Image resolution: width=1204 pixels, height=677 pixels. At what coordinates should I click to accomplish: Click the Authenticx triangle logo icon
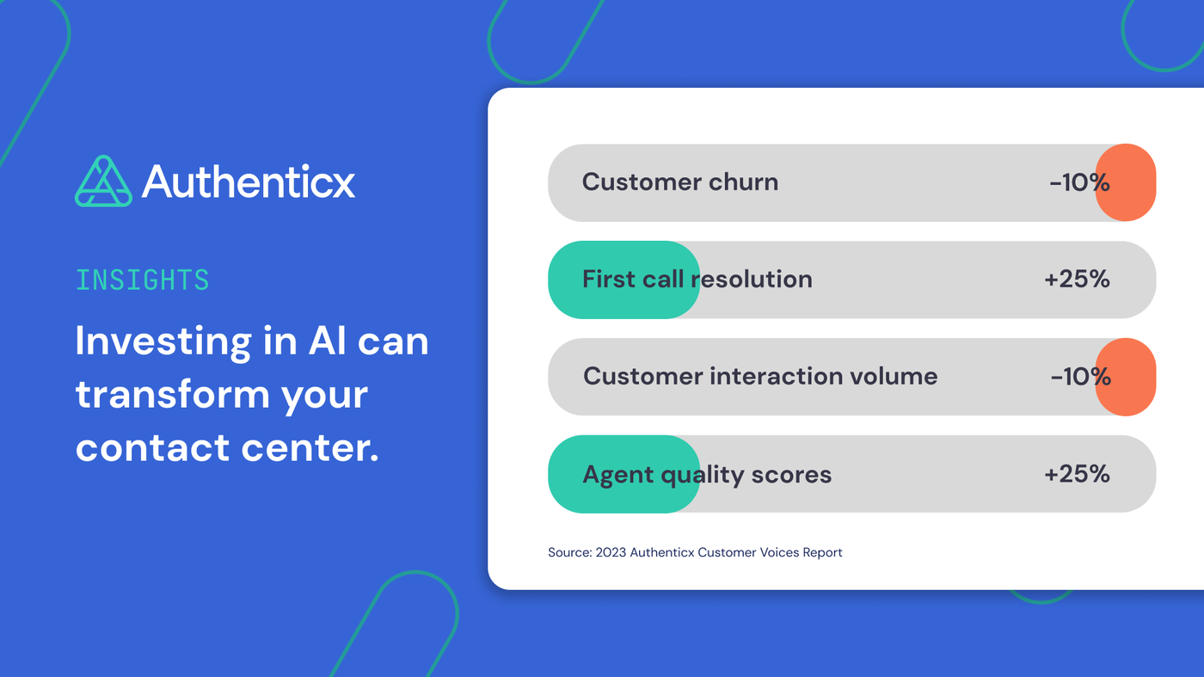104,182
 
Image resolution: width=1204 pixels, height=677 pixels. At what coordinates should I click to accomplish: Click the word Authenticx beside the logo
249,182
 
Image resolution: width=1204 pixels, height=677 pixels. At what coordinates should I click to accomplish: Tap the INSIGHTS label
142,280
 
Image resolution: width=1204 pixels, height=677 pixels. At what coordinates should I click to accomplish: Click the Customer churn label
679,182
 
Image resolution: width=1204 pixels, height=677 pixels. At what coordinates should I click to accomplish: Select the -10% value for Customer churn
1079,182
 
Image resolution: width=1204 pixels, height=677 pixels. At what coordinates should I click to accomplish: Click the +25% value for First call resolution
1077,280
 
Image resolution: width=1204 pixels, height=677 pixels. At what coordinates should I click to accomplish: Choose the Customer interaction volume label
760,377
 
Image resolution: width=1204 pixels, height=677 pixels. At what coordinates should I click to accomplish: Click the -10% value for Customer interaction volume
1080,377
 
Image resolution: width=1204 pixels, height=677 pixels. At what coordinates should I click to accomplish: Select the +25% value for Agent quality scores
1077,474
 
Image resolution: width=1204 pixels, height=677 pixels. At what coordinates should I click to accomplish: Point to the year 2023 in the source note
611,552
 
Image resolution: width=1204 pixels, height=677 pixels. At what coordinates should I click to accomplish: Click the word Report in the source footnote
822,552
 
